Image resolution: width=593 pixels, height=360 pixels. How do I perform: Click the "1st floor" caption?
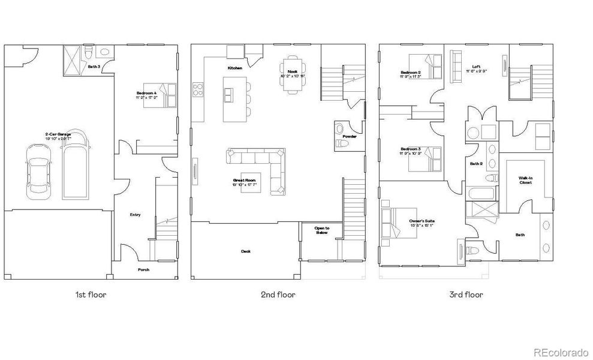91,295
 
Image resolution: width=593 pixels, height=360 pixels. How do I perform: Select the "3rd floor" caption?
466,295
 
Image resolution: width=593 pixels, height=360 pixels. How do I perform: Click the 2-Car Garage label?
58,136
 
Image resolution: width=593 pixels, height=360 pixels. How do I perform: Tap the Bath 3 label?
94,67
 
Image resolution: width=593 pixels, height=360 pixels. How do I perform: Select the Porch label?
143,269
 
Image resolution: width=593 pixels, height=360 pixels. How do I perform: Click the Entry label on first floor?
135,214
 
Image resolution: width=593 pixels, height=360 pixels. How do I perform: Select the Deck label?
246,251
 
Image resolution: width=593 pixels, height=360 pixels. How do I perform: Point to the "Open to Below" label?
323,230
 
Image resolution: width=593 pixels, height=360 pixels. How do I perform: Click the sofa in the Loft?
456,64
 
